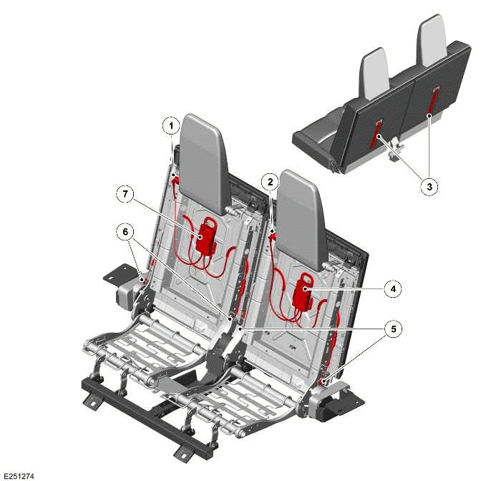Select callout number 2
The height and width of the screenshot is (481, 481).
pos(268,182)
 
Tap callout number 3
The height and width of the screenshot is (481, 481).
pos(429,186)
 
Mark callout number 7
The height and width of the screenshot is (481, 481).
pos(125,193)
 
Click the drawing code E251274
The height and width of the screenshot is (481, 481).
pos(19,475)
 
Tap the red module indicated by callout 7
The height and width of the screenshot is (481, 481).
pos(208,237)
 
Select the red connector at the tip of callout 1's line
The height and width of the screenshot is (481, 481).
pos(174,179)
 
